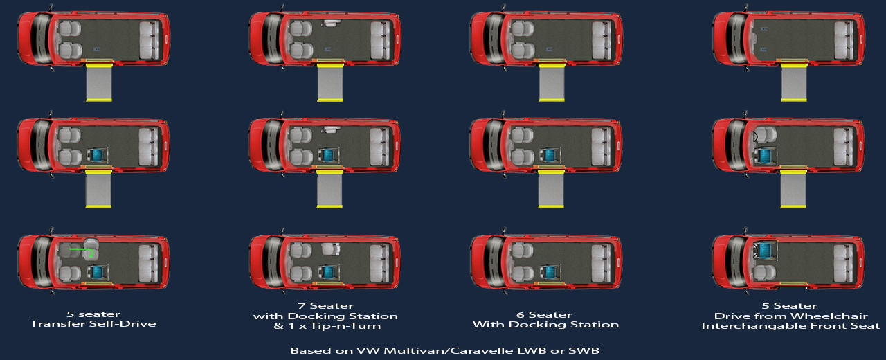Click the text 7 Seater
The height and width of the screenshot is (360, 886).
tap(326, 306)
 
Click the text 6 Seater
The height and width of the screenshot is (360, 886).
tap(544, 315)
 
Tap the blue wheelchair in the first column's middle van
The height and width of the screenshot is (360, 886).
tap(97, 155)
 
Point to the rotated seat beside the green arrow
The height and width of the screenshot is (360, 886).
tap(91, 250)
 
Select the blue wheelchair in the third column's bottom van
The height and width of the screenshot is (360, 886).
tap(550, 272)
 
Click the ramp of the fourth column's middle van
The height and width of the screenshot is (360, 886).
tap(793, 188)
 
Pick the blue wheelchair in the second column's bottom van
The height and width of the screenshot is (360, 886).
tap(328, 271)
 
